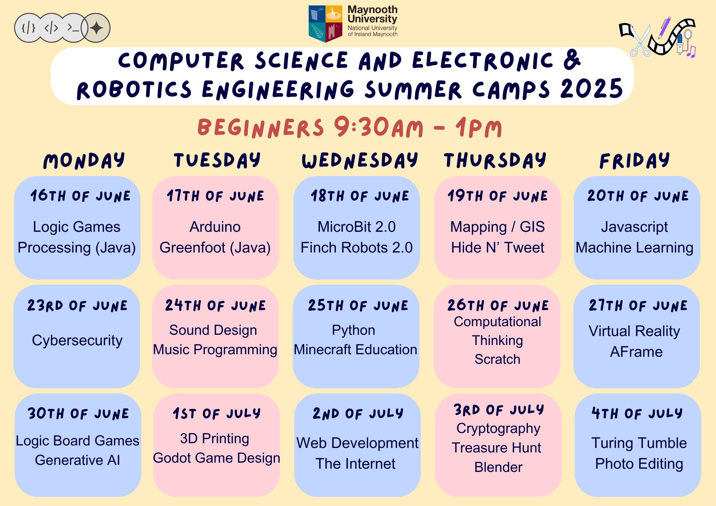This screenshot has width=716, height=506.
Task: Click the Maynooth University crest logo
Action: coord(325,24)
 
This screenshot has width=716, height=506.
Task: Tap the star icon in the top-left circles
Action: coord(96,28)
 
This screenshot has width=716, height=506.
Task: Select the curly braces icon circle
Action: coord(29,28)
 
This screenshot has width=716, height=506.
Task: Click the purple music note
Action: coord(691,52)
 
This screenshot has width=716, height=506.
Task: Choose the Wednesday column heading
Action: coord(360,160)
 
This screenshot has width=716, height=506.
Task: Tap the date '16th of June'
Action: coord(80,196)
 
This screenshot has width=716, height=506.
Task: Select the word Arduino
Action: coord(215,227)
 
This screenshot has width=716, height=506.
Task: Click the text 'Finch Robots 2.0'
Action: coord(357,247)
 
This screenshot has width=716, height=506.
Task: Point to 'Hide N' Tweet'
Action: coord(498,247)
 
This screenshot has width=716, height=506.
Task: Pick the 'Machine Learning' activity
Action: coord(634,248)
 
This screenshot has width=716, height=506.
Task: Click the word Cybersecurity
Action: coord(77,341)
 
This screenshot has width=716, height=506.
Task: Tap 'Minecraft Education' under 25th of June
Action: coord(355,349)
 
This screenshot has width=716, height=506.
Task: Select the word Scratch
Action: coord(497,359)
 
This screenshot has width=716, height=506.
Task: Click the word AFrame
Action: coord(636,352)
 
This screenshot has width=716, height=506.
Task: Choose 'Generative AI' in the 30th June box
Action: coord(78,460)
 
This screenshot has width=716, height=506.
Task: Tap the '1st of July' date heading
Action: coord(217,414)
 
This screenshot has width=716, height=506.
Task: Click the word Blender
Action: coord(498,467)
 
